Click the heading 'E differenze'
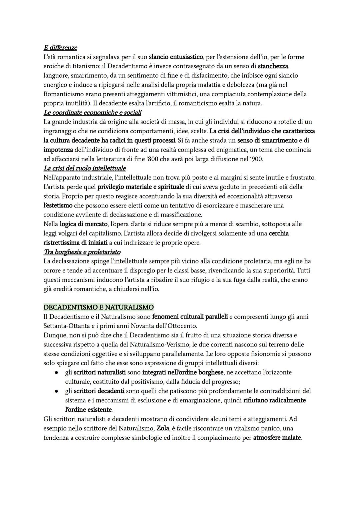[x=60, y=48]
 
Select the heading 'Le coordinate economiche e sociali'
[x=92, y=113]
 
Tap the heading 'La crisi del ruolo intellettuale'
[x=84, y=168]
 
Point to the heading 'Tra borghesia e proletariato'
[x=82, y=252]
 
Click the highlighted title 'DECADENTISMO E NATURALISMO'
[x=98, y=307]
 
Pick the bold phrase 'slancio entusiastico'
[x=176, y=57]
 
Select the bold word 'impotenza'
[x=58, y=150]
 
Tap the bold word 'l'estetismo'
[x=58, y=206]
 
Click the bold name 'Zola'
[x=163, y=428]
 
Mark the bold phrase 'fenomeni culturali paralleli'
[x=190, y=316]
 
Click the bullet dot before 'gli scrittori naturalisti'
[x=57, y=372]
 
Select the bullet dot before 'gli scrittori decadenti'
[x=57, y=391]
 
